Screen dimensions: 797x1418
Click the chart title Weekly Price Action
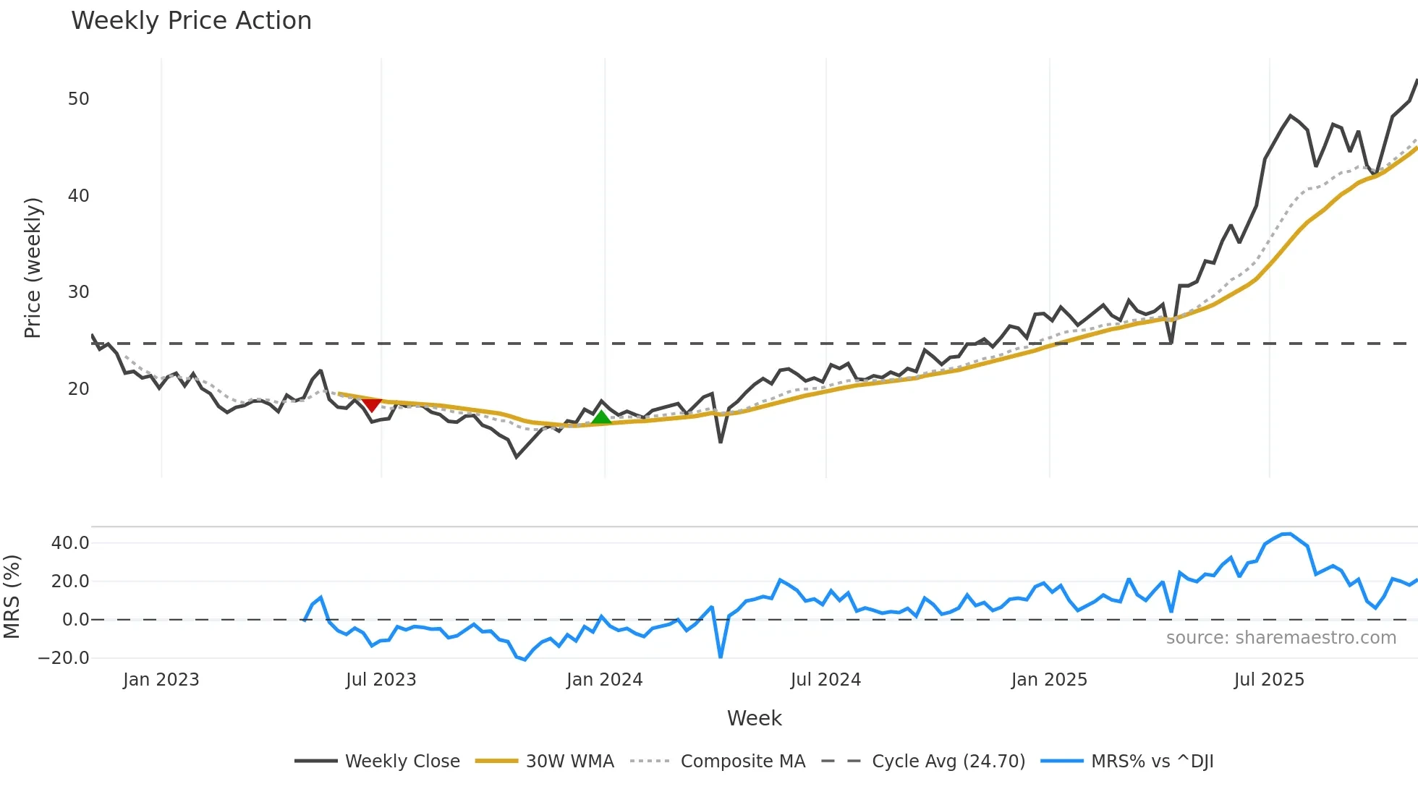191,21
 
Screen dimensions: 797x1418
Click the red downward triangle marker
371,404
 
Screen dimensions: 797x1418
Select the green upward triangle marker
601,417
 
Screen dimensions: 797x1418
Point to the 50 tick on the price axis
78,99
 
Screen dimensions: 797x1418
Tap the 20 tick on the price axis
78,389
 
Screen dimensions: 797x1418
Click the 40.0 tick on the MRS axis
70,543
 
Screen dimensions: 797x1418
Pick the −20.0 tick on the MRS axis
64,658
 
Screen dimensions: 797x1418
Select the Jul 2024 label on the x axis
825,680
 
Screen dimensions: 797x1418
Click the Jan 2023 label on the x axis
161,680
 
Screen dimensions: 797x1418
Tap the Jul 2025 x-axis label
1269,680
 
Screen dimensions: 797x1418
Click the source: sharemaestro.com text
1281,638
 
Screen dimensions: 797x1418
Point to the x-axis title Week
754,718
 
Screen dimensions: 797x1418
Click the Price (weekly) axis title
33,268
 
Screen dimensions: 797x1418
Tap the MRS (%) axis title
12,597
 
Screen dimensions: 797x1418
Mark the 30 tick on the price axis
78,292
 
